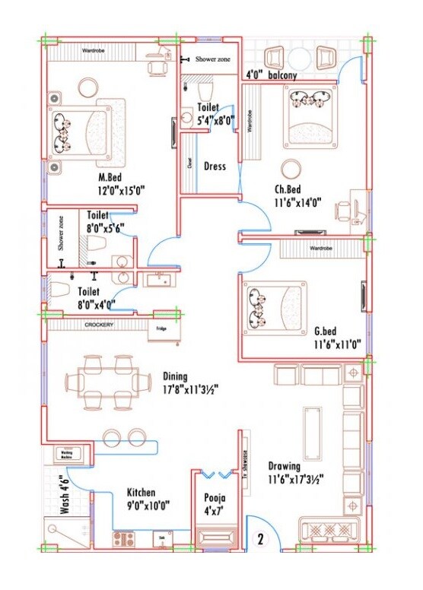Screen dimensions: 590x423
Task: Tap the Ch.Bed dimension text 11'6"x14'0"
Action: pyautogui.click(x=299, y=202)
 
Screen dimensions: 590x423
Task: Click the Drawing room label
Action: pyautogui.click(x=284, y=466)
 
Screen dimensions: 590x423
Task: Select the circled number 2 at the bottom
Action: pyautogui.click(x=260, y=541)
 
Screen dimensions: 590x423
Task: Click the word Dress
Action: pyautogui.click(x=215, y=167)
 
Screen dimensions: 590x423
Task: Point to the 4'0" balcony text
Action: pyautogui.click(x=271, y=75)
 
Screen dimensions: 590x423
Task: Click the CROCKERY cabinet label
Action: pyautogui.click(x=99, y=325)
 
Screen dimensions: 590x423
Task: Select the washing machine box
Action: pyautogui.click(x=63, y=455)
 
